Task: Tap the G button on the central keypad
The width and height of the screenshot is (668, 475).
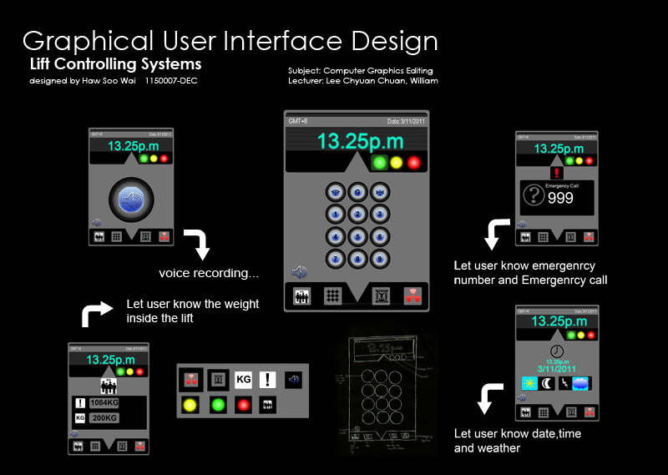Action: pyautogui.click(x=357, y=191)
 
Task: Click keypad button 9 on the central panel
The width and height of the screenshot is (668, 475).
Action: pyautogui.click(x=380, y=258)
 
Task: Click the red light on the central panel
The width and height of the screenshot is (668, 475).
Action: pyautogui.click(x=413, y=163)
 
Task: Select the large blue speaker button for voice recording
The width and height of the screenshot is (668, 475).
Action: pyautogui.click(x=129, y=198)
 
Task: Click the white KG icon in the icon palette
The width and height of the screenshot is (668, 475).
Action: pyautogui.click(x=243, y=381)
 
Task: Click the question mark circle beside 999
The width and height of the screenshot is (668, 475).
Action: pyautogui.click(x=534, y=196)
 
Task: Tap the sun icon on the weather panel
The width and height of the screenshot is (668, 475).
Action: pyautogui.click(x=529, y=382)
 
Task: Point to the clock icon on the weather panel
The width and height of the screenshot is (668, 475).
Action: pyautogui.click(x=556, y=350)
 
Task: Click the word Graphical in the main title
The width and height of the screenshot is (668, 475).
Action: pyautogui.click(x=88, y=42)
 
